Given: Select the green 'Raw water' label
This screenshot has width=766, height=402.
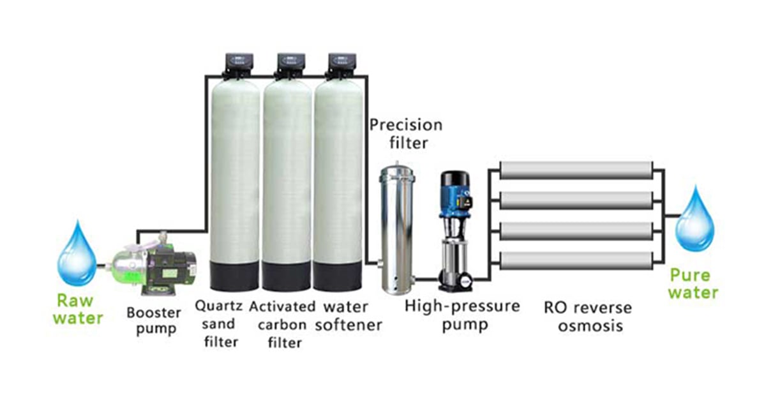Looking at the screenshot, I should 77,309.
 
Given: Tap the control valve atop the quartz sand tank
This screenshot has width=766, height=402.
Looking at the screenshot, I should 236,62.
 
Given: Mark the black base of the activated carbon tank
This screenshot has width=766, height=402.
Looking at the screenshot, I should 287,274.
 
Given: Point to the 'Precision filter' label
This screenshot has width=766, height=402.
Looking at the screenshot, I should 405,133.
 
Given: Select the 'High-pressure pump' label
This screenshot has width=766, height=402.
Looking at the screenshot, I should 462,315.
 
